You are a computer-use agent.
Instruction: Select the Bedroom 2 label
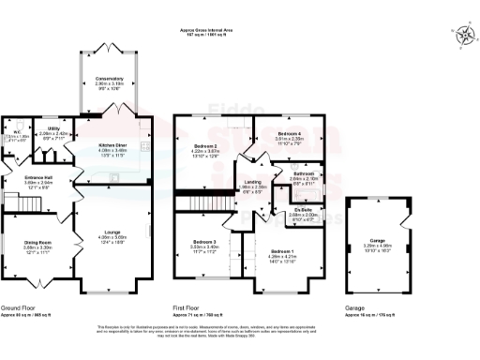205,148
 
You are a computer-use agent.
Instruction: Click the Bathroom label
303,174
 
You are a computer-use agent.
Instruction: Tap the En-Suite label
301,211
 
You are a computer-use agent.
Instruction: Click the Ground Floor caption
18,308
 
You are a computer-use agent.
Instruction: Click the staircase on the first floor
199,203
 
